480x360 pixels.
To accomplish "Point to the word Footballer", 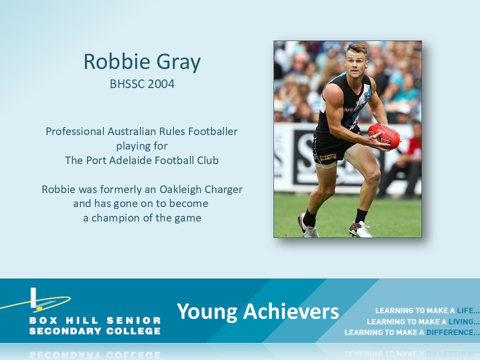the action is [x=213, y=131].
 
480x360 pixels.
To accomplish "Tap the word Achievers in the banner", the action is [x=291, y=311].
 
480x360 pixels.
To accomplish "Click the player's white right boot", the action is [x=360, y=229].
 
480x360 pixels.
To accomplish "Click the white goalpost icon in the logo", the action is [x=33, y=297].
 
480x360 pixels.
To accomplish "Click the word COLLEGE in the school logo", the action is [x=133, y=331].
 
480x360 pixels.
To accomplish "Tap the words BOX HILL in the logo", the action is [x=63, y=320].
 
